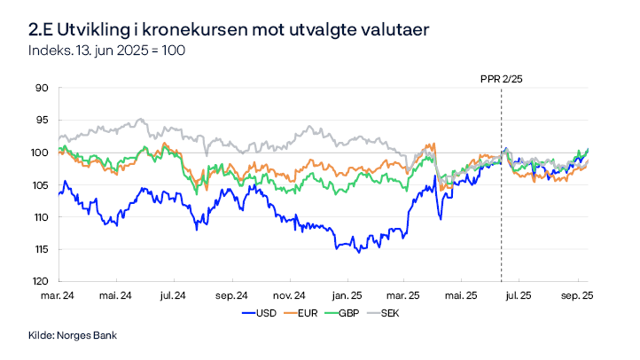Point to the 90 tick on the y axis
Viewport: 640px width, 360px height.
[x=42, y=88]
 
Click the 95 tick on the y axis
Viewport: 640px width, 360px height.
[x=42, y=120]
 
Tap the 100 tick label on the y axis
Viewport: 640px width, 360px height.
[x=40, y=153]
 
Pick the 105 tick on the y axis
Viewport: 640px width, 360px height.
[x=40, y=184]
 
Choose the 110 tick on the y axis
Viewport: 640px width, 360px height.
[x=40, y=217]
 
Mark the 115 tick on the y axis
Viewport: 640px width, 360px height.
[x=40, y=249]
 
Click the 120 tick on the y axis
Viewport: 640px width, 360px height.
[x=40, y=281]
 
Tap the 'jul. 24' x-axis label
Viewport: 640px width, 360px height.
[x=173, y=295]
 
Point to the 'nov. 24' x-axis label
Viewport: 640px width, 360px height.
[x=288, y=295]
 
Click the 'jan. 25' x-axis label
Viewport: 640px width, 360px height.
[x=347, y=295]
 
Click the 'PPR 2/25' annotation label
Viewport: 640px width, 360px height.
[x=501, y=78]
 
